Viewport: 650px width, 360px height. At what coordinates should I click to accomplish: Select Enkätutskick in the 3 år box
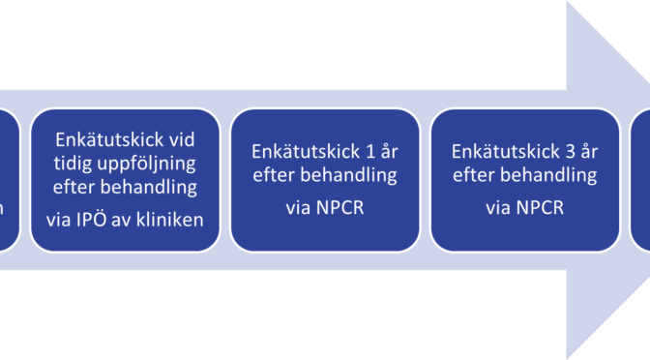click(x=503, y=152)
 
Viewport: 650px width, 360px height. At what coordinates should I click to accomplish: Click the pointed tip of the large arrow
click(x=646, y=181)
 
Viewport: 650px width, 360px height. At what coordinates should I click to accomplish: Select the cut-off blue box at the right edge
click(x=641, y=181)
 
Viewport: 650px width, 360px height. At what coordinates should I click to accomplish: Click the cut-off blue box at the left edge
click(x=8, y=181)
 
